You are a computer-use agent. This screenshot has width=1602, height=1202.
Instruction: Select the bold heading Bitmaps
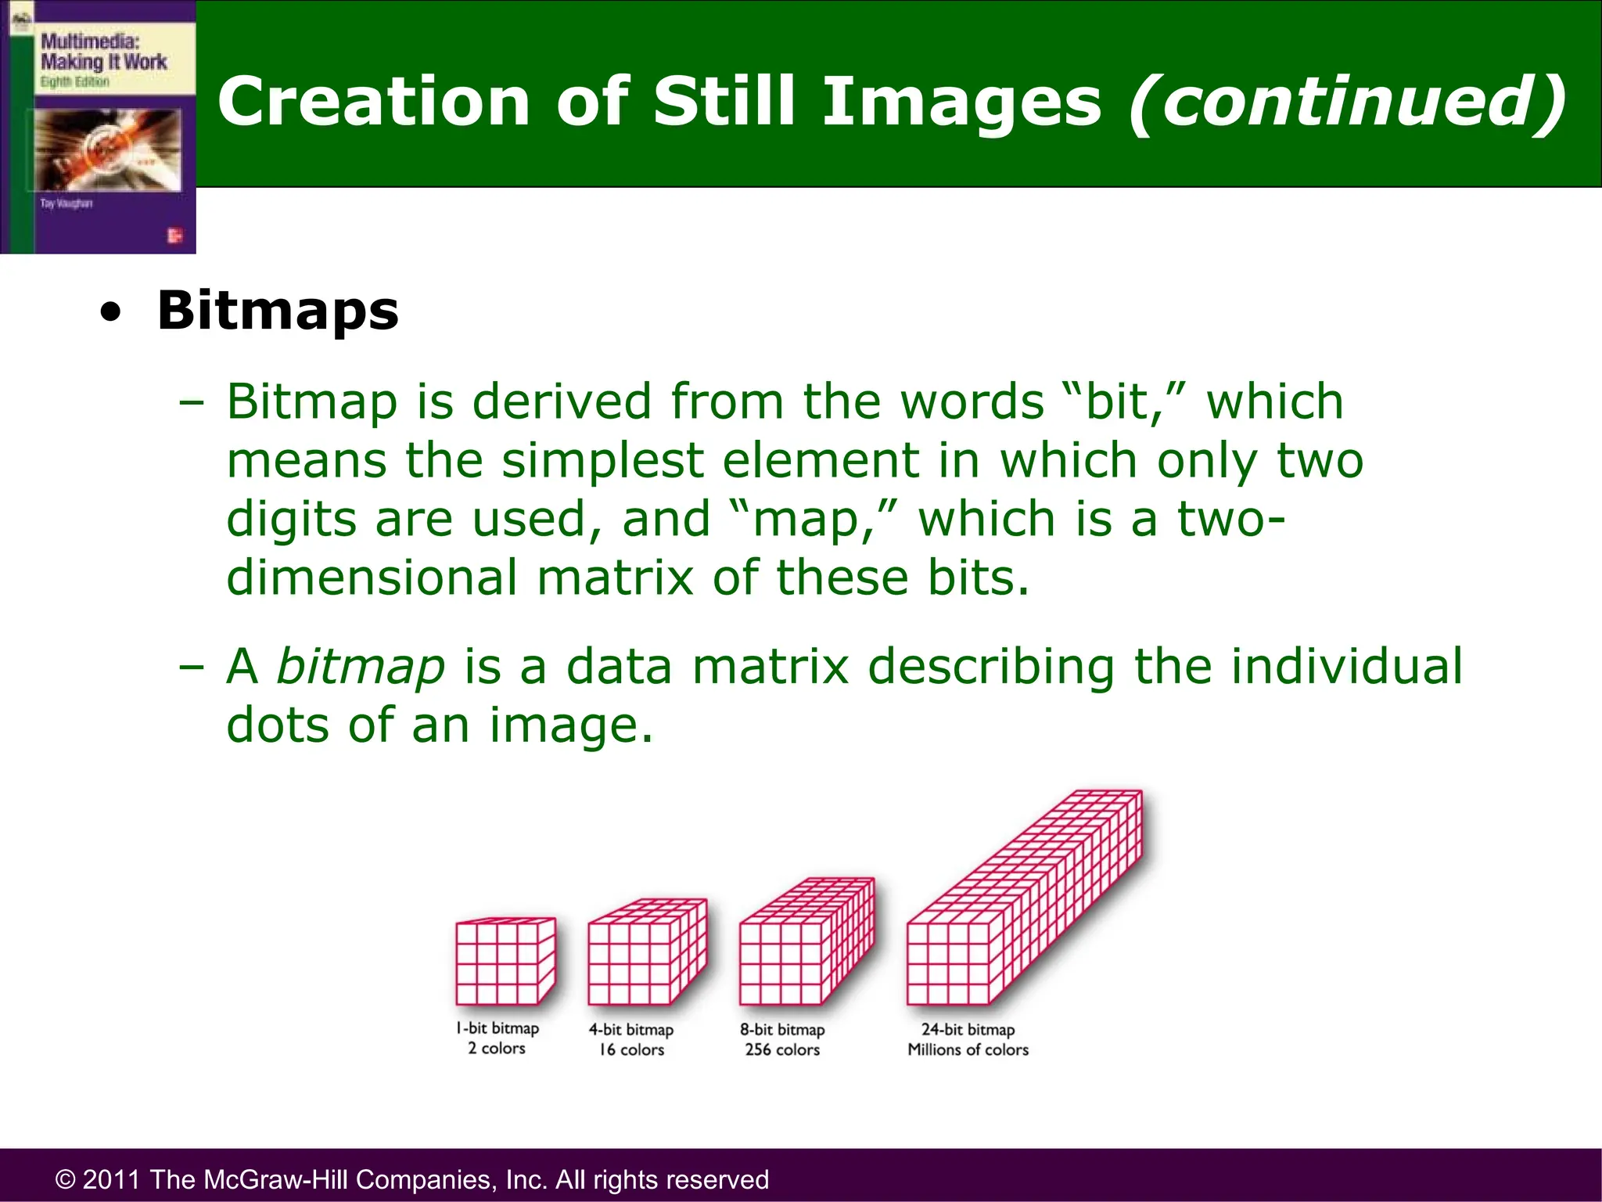coord(278,311)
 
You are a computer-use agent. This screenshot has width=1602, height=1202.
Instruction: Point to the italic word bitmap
coord(361,667)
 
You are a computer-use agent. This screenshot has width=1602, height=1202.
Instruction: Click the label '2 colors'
coord(497,1049)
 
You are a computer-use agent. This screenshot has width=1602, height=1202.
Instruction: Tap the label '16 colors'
coord(631,1050)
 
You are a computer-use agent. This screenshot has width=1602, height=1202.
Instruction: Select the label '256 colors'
coord(782,1050)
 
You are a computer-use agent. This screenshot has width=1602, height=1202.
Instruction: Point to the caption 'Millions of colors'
coord(968,1050)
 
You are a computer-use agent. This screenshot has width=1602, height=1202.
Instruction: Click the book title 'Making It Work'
coord(103,62)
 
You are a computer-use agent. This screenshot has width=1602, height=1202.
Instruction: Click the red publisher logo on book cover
coord(174,236)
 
